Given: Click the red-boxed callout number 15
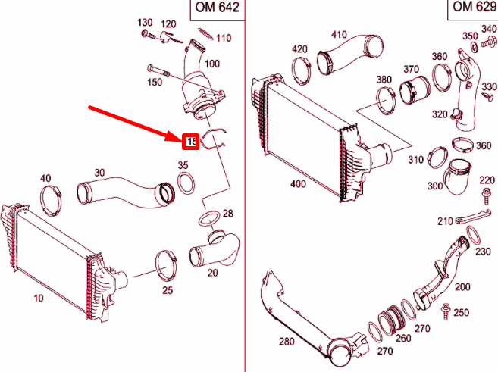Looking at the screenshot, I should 190,142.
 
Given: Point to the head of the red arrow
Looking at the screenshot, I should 180,137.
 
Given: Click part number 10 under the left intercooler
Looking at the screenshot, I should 38,299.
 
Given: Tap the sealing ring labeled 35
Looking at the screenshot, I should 183,184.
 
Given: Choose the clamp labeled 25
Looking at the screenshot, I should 166,263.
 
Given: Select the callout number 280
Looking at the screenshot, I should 286,342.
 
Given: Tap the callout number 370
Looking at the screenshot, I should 411,70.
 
